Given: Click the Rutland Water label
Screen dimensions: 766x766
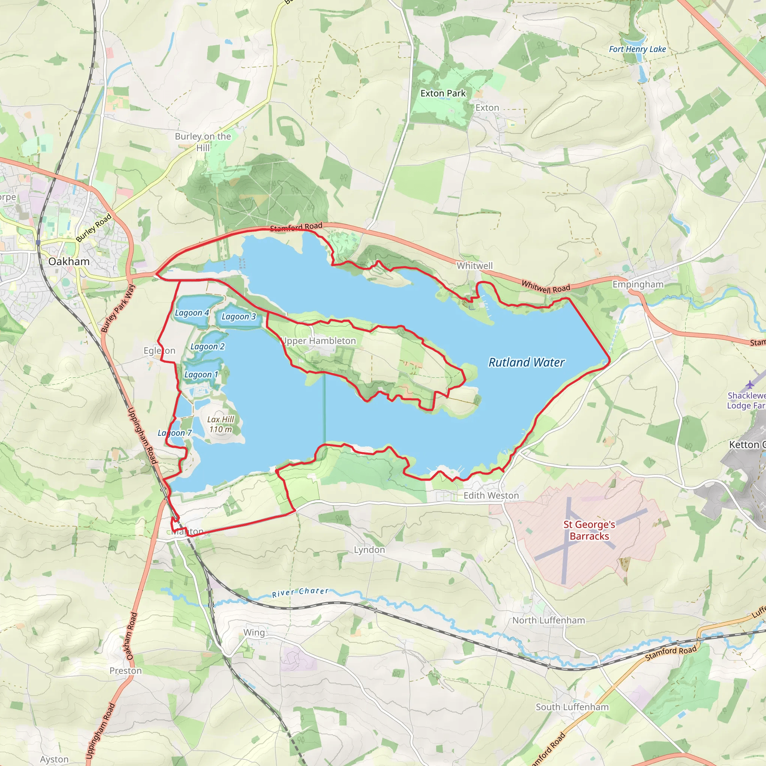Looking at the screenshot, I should tap(526, 362).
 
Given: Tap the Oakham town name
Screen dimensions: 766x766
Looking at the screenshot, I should tap(69, 261).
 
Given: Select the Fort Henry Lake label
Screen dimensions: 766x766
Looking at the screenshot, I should tap(637, 49).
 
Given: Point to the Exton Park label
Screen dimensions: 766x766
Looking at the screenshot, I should tap(443, 93).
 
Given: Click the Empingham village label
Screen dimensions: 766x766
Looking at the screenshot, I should tap(638, 284).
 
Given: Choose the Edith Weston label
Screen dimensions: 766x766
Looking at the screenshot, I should tap(491, 495).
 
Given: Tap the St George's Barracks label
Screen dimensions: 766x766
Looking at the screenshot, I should tap(589, 530).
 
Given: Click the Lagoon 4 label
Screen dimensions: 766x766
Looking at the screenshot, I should tap(192, 313).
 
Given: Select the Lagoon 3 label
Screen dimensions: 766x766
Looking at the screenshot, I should tap(239, 316).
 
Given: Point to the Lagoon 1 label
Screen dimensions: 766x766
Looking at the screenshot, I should tap(201, 374).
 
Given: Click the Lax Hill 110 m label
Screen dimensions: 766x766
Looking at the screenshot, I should tap(221, 424).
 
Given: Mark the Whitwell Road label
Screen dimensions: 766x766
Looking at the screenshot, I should tap(546, 286).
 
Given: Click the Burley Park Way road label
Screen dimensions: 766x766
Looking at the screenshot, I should tap(118, 308).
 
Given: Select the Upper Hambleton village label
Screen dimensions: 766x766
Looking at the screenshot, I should tap(319, 341).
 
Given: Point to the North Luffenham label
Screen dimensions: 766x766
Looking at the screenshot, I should tap(548, 620).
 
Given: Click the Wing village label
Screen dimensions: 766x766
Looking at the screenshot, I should tap(254, 632).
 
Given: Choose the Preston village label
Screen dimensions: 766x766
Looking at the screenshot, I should tap(125, 671).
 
